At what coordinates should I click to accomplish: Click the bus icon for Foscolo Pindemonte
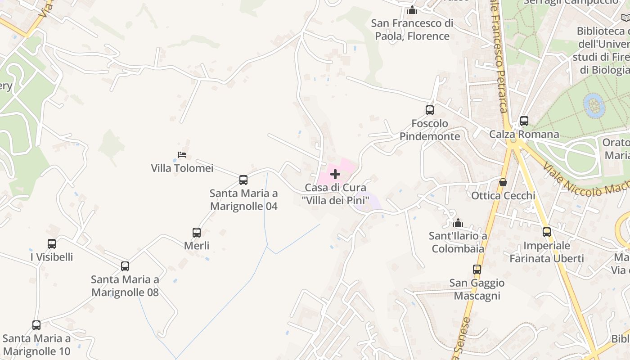click(430, 110)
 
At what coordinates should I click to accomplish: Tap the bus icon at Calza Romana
click(524, 121)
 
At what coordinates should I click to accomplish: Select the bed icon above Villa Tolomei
click(182, 155)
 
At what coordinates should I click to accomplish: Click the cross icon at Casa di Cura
click(335, 174)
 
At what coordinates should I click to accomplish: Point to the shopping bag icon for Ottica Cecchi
click(503, 182)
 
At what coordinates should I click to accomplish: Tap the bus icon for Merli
click(197, 232)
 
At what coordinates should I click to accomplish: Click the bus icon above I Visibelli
click(52, 243)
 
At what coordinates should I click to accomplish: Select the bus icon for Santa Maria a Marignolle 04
click(243, 180)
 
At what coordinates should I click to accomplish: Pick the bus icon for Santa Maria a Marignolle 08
click(125, 266)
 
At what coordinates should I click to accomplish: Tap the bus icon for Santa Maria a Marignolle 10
click(36, 325)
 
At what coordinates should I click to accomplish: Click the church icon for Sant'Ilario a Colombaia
click(458, 222)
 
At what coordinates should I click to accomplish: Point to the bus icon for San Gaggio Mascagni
click(477, 269)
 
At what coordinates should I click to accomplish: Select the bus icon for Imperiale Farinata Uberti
click(547, 232)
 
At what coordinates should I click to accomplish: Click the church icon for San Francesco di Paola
click(412, 10)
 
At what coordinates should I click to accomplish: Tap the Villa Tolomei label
click(182, 168)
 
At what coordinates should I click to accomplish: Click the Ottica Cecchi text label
click(503, 196)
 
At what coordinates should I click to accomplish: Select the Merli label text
click(197, 246)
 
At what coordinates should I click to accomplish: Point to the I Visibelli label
click(52, 257)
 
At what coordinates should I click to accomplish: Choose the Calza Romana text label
click(524, 134)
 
